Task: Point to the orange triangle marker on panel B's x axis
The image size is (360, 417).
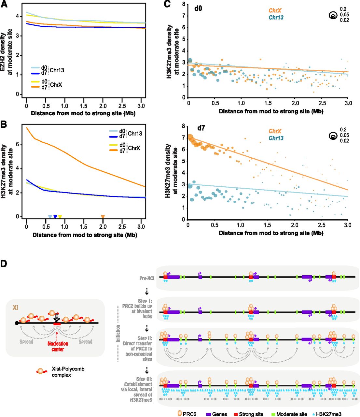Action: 103,217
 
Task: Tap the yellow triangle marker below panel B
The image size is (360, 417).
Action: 60,217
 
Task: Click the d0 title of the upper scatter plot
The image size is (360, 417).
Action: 198,8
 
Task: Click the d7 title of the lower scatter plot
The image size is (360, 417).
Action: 201,128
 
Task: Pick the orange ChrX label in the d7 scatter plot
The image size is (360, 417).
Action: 275,131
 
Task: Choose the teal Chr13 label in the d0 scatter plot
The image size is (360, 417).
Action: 276,18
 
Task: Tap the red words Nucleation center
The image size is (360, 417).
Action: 58,346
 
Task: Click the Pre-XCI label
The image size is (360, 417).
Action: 147,279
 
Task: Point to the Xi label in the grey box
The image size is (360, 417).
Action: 15,307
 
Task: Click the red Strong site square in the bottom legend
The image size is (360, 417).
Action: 236,414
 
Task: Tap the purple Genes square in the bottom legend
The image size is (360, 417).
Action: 209,414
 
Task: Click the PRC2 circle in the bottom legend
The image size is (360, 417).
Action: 179,414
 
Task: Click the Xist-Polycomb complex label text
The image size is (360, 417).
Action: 68,372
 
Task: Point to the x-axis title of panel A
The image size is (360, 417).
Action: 83,113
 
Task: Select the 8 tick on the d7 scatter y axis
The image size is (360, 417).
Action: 184,126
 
